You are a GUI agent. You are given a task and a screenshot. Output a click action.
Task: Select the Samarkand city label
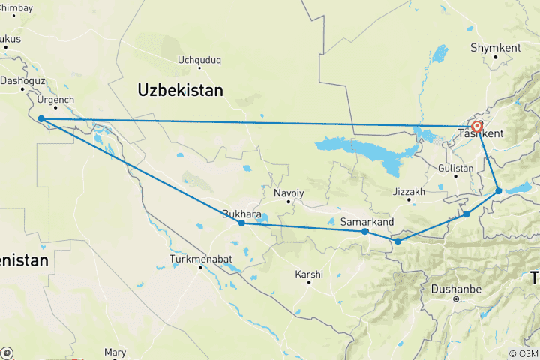367,222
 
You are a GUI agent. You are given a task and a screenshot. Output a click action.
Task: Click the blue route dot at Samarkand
365,232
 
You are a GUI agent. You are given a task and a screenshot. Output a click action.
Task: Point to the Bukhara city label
241,214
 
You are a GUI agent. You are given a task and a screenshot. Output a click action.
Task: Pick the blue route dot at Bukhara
241,223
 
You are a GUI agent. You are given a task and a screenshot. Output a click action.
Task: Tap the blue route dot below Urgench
41,118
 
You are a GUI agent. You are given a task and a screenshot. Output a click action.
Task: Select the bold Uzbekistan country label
181,90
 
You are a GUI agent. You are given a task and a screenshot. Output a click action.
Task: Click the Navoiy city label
289,193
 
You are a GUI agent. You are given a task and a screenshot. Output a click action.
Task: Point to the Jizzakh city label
409,192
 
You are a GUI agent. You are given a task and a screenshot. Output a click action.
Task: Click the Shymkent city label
495,47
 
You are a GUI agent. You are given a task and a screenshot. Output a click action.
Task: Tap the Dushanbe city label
455,288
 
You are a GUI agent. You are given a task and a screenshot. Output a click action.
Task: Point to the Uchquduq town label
199,61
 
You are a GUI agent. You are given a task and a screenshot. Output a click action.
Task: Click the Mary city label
115,352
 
